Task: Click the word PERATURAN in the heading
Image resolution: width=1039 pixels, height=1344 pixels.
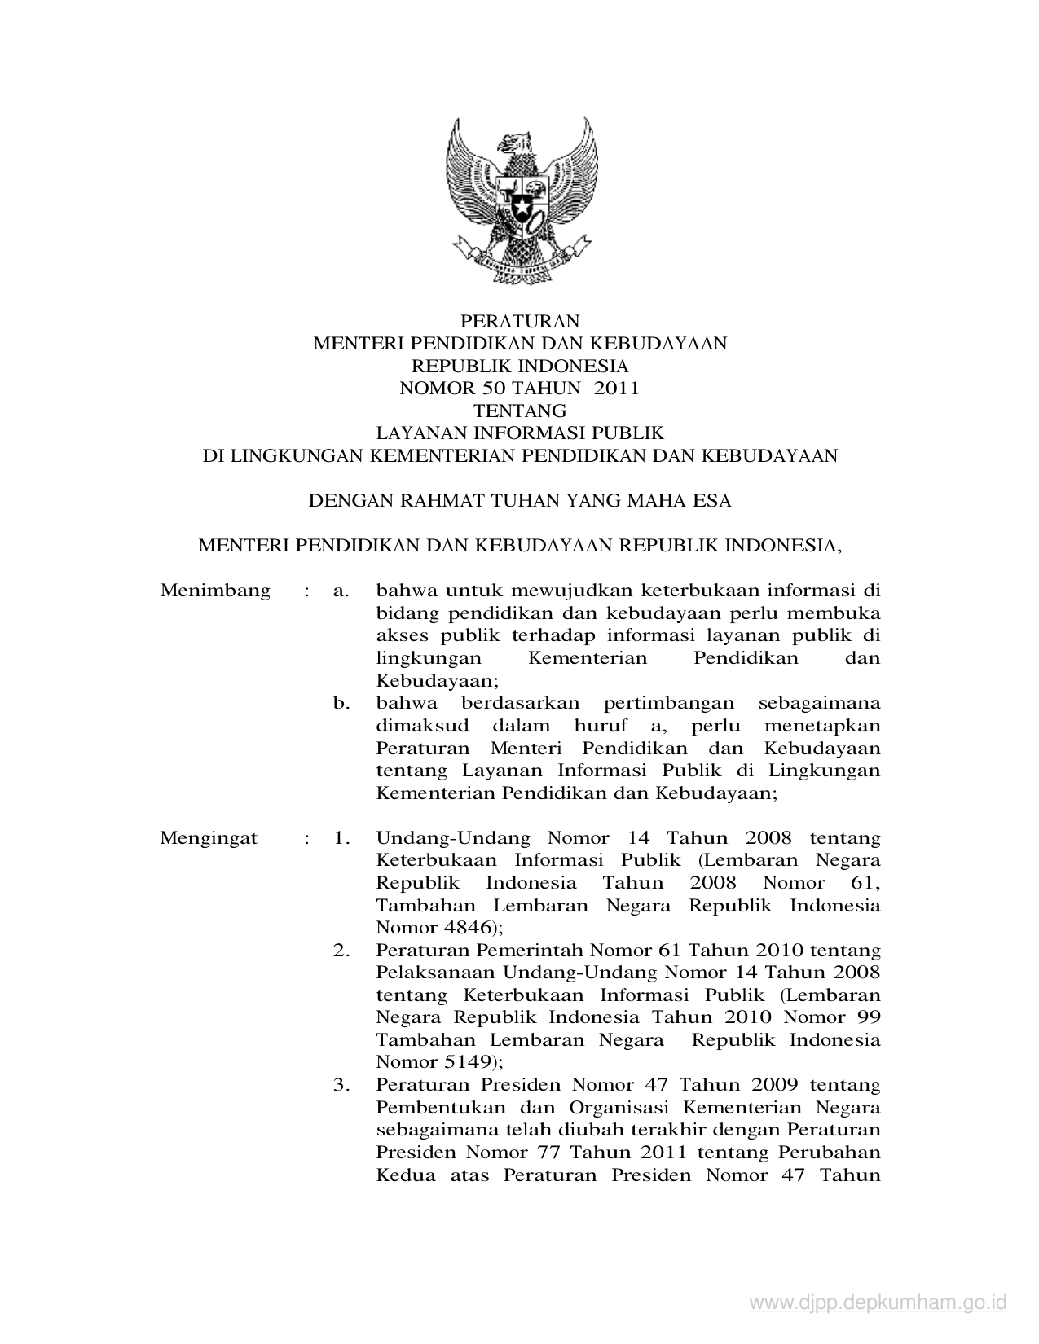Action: pos(520,321)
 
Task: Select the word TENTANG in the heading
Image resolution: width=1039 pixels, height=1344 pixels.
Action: pos(520,411)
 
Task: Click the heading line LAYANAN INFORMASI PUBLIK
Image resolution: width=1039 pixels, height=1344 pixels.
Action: pos(520,433)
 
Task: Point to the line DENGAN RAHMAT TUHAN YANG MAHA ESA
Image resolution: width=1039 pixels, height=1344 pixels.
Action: pos(520,501)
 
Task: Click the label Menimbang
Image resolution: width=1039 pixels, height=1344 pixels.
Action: pos(215,591)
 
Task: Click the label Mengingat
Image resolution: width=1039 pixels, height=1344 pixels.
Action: pos(209,838)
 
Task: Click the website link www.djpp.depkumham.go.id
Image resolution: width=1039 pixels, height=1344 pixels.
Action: pos(878,1304)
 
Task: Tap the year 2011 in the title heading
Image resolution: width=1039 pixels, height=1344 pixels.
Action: pos(617,389)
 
